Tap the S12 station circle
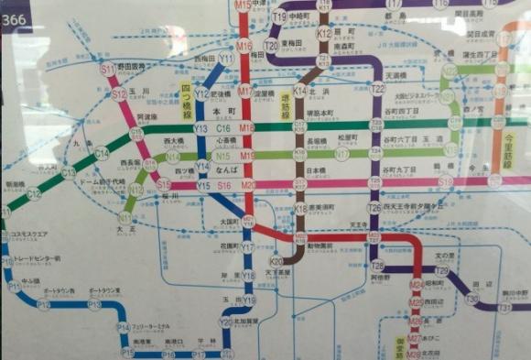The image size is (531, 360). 119,93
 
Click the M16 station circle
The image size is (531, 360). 244,46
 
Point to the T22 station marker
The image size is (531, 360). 377,89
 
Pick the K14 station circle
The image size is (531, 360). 298,92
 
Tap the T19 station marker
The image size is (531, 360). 278,16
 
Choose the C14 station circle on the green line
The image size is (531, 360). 102,154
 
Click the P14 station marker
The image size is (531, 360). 123,327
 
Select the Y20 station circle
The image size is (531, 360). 225,322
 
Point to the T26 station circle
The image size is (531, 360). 374,209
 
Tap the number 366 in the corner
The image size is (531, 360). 16,11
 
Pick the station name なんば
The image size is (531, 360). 222,170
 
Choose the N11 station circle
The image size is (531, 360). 125,218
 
